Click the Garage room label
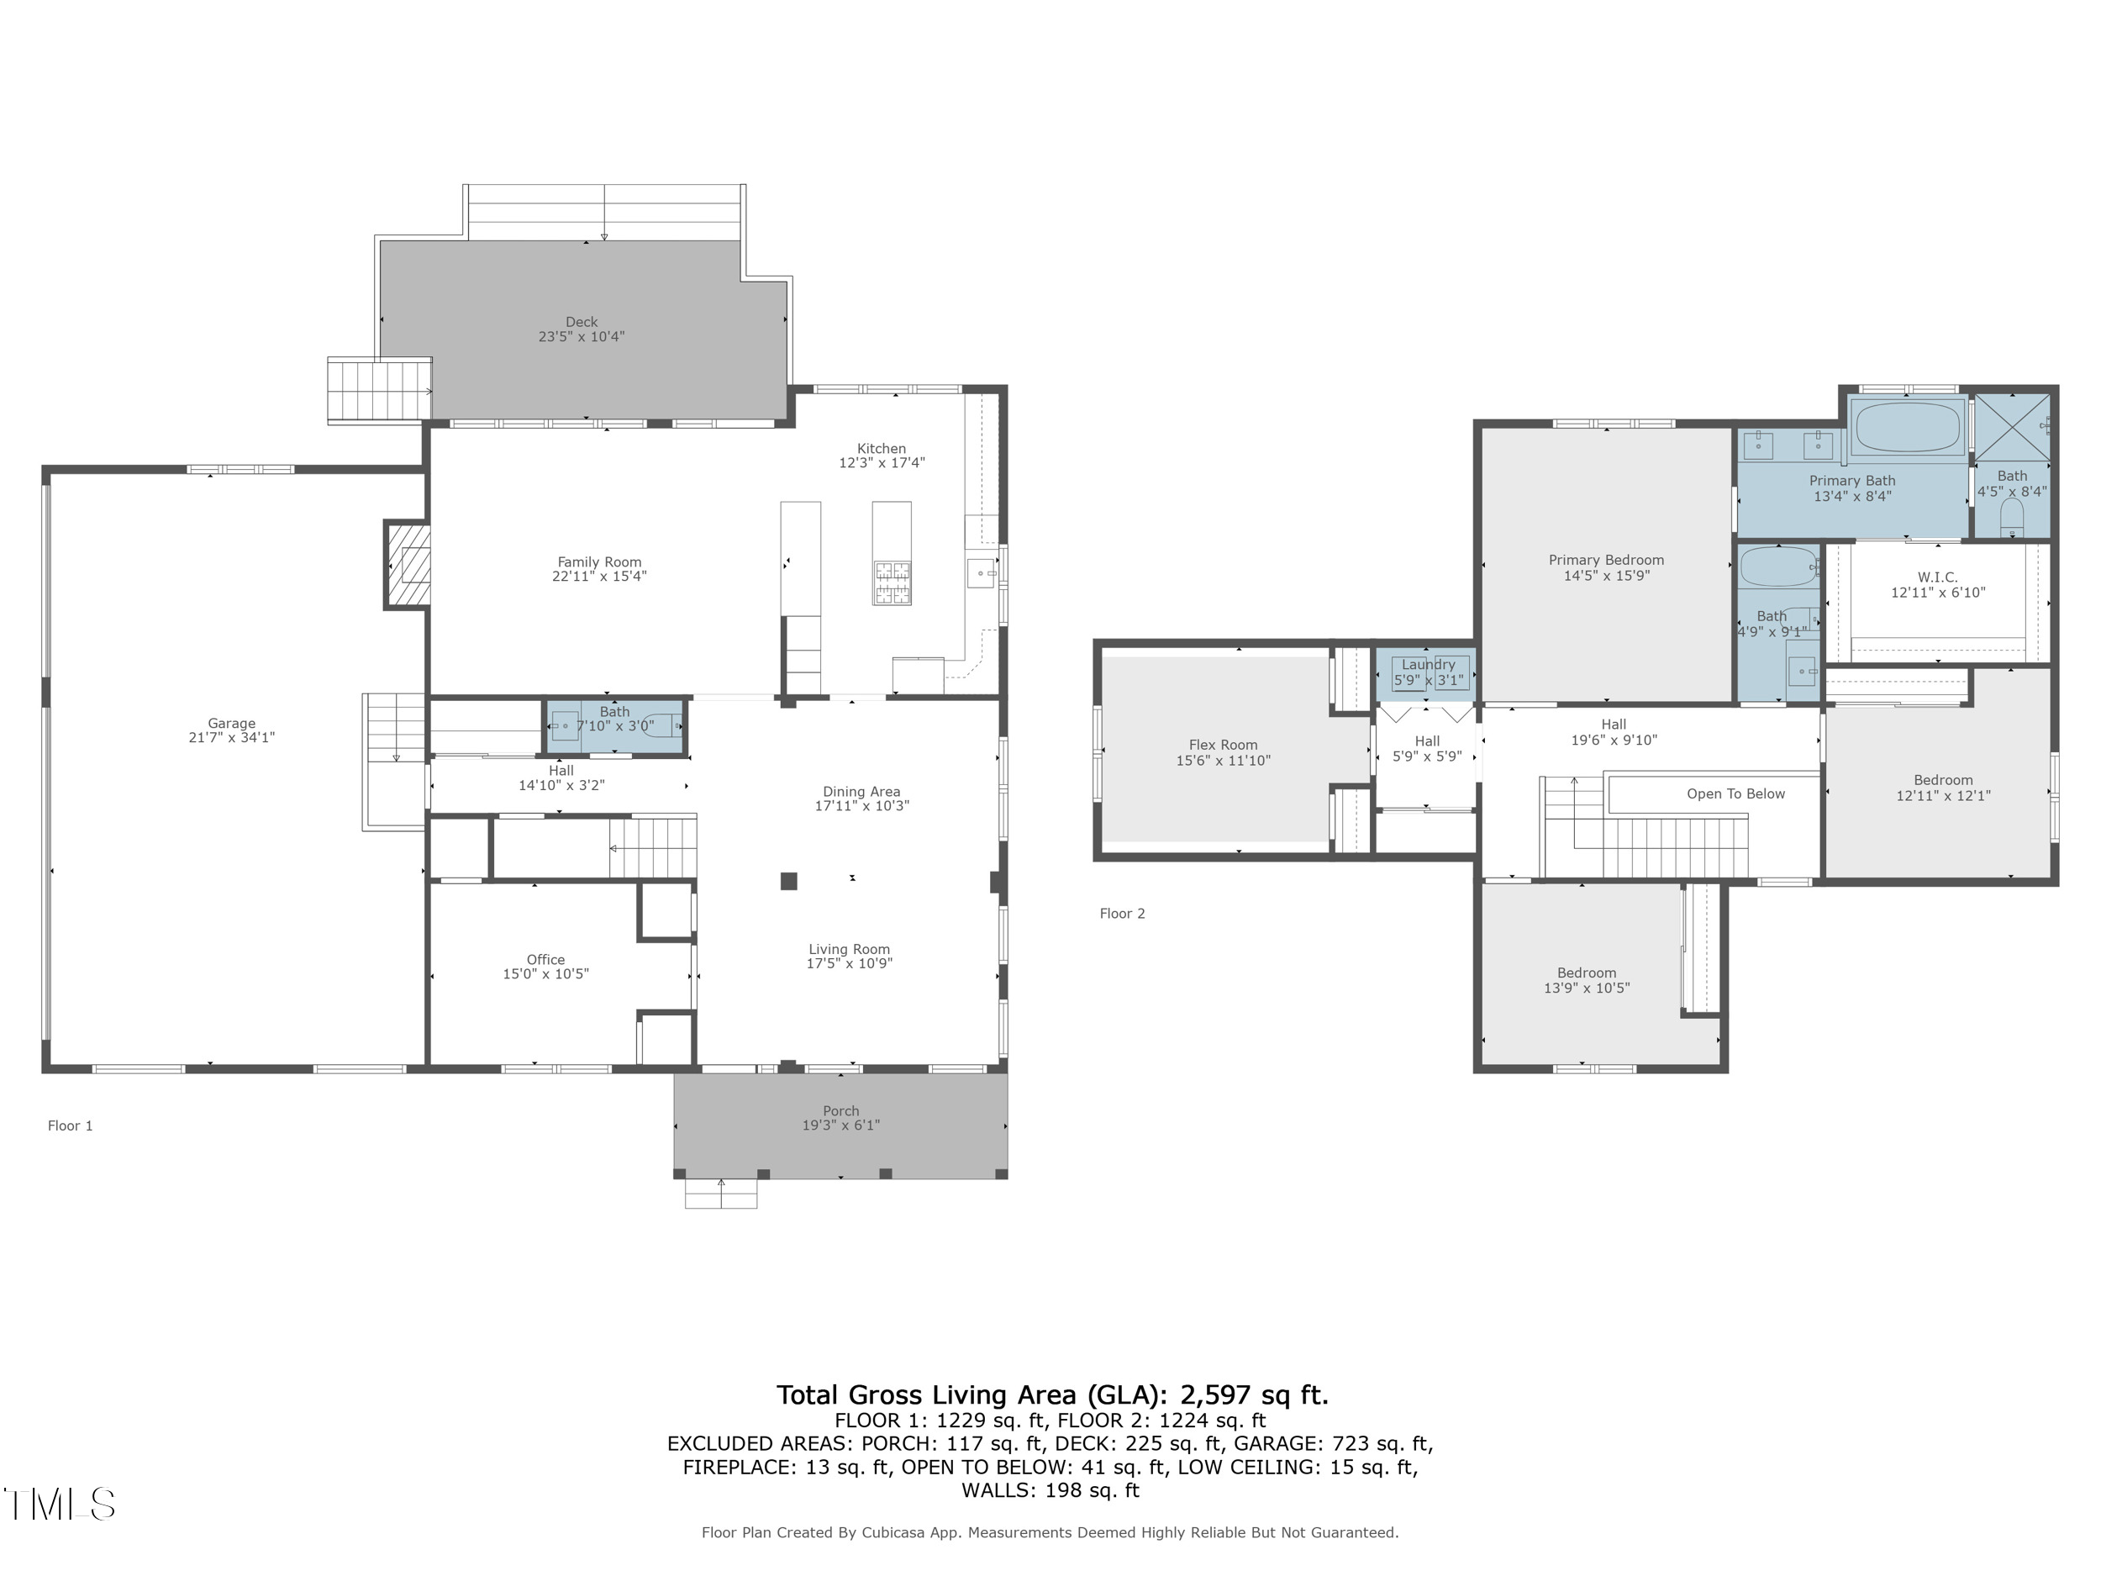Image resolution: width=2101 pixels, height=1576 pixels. (231, 723)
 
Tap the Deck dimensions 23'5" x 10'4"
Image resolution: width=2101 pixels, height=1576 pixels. (582, 336)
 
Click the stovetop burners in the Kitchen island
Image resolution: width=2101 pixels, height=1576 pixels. (892, 582)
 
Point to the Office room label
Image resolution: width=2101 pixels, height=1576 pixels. (545, 960)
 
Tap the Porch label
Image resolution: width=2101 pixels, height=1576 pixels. (840, 1110)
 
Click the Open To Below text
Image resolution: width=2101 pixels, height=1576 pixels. (1735, 793)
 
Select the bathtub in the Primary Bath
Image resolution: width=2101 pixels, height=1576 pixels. (1907, 428)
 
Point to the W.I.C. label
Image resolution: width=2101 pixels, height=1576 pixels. (1938, 577)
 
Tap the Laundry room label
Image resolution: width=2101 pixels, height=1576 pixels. (1428, 665)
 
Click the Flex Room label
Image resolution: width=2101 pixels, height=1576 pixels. (1223, 745)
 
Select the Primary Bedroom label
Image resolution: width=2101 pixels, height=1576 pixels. (1606, 560)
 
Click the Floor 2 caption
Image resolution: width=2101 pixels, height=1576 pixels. (1122, 913)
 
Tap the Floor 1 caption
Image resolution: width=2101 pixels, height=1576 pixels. (71, 1125)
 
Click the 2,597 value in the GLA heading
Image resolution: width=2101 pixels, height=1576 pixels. (1216, 1394)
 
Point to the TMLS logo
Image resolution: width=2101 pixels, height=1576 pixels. (59, 1504)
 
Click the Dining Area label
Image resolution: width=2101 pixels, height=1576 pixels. (861, 791)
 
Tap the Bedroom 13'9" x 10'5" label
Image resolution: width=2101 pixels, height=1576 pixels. (1586, 972)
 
